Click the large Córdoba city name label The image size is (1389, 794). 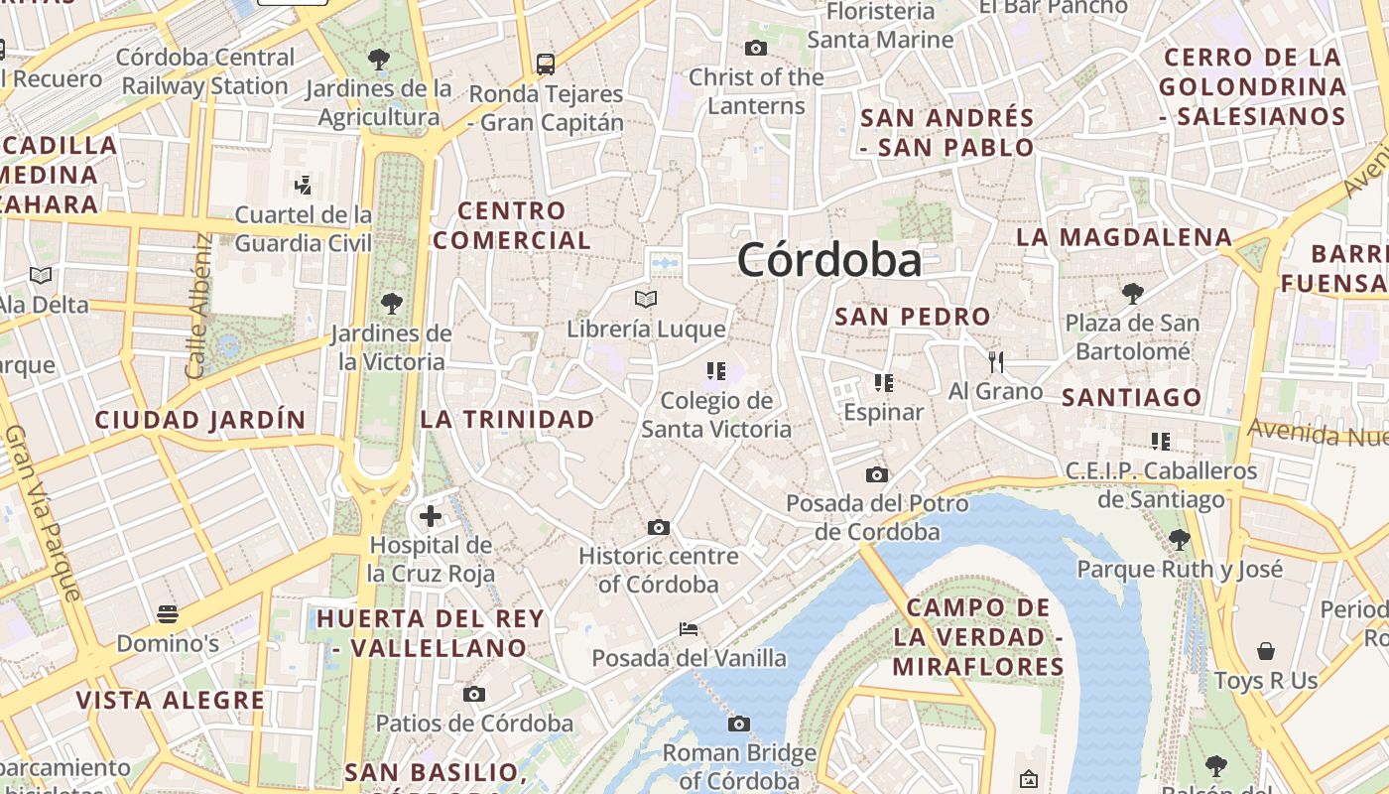829,260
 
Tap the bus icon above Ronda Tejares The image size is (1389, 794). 546,65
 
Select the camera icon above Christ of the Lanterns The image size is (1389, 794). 756,48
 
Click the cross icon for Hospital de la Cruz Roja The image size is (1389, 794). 431,515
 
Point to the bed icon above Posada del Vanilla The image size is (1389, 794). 689,629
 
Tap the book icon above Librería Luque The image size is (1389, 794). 646,298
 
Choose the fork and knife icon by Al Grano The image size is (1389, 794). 996,361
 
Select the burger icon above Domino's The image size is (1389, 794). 168,614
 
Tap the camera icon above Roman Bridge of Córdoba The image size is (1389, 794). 739,724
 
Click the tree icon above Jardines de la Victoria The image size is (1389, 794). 392,303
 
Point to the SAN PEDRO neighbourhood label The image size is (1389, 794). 913,317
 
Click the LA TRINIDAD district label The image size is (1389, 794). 507,419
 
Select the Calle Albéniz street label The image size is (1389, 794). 198,306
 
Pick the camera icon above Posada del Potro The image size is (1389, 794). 876,474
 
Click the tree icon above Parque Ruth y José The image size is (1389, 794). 1180,540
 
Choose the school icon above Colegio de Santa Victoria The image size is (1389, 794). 716,371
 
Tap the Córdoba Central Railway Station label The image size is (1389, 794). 205,71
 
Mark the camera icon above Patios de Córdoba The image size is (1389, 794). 474,694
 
